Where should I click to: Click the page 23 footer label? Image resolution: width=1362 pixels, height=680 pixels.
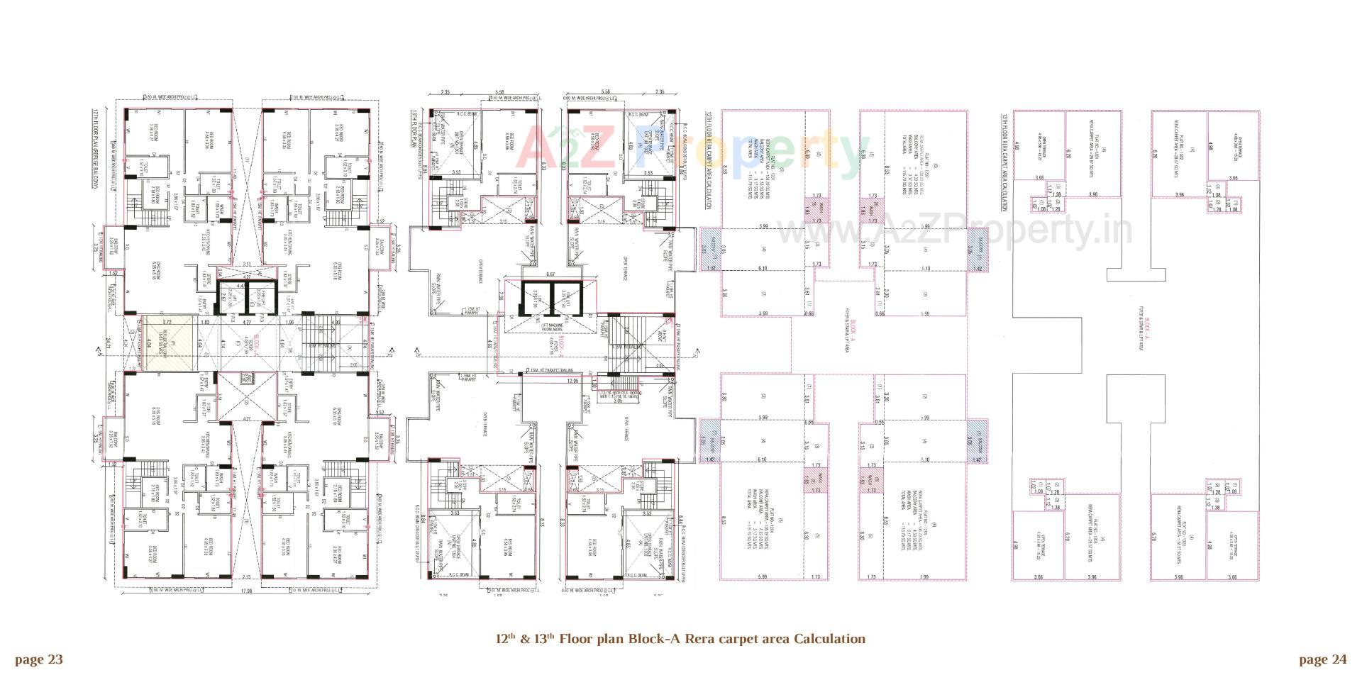pos(39,660)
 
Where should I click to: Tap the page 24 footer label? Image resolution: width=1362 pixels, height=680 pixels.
pos(1322,660)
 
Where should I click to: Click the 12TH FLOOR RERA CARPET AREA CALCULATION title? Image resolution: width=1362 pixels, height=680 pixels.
pos(707,160)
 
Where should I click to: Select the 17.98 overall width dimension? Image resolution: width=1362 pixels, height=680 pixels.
pos(247,591)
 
